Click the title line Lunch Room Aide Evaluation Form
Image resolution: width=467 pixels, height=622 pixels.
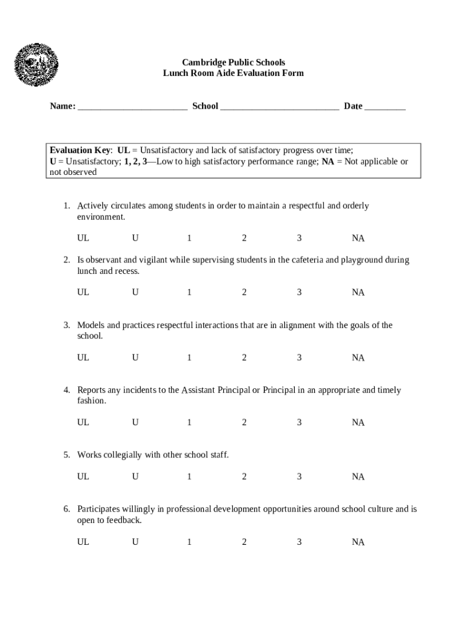click(233, 73)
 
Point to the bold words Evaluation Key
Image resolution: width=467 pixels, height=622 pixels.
click(80, 150)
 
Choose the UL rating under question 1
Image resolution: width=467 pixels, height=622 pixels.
click(83, 238)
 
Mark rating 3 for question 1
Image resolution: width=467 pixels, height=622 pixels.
click(299, 238)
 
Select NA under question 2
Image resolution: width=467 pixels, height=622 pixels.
click(358, 292)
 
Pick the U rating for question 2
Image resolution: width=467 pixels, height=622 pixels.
click(135, 292)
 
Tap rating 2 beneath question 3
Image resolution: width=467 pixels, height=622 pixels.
click(244, 358)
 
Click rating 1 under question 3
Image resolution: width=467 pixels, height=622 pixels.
click(189, 358)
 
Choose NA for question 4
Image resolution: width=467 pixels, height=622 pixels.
click(358, 422)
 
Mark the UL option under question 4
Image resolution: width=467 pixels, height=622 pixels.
click(83, 422)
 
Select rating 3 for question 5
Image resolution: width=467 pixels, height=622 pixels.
click(299, 477)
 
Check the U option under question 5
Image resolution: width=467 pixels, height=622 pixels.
click(135, 477)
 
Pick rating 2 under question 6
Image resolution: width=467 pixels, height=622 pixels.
click(244, 542)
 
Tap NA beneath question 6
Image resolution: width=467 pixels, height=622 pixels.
click(358, 542)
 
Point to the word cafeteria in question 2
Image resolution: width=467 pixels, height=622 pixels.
click(305, 260)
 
